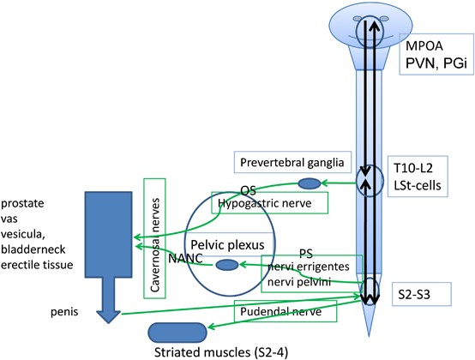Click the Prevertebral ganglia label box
(x=292, y=162)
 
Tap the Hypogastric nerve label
(x=265, y=203)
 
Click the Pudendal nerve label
(x=281, y=311)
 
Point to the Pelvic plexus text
(x=227, y=244)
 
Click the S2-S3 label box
(x=422, y=294)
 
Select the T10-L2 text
(x=413, y=168)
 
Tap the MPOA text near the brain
(x=424, y=46)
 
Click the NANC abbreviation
(x=185, y=258)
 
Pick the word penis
(x=64, y=312)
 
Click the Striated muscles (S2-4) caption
(x=221, y=352)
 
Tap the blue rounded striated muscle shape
(x=177, y=333)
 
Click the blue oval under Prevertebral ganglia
(x=310, y=183)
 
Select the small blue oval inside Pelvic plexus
(x=227, y=265)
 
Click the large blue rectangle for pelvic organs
(x=108, y=234)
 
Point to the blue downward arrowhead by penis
(x=108, y=316)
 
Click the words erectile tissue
(x=37, y=265)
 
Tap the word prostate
(x=22, y=203)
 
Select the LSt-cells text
(x=418, y=185)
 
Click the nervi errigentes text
(x=309, y=267)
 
